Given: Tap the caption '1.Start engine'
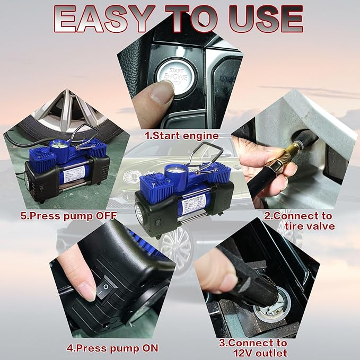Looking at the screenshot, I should pos(182,136).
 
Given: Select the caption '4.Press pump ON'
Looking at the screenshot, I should pos(112,348).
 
